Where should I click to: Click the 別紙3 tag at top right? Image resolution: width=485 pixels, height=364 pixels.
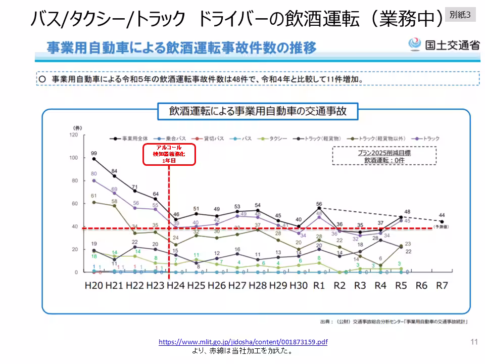[x=460, y=15]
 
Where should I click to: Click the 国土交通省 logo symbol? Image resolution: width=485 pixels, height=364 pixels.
[x=415, y=44]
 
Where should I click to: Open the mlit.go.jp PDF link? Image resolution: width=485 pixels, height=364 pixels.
[x=243, y=342]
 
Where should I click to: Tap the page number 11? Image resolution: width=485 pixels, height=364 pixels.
[x=474, y=342]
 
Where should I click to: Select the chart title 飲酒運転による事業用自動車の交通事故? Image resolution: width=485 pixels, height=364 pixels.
[x=258, y=111]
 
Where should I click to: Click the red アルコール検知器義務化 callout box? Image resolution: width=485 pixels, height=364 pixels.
[x=169, y=154]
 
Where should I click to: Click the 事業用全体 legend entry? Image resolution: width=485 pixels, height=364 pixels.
[x=130, y=138]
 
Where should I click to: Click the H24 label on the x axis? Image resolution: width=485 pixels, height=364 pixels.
[x=176, y=286]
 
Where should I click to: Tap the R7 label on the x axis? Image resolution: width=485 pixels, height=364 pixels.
[x=442, y=286]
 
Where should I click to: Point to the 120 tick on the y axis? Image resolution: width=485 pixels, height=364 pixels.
[x=74, y=135]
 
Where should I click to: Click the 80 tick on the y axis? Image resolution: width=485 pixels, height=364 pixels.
[x=75, y=180]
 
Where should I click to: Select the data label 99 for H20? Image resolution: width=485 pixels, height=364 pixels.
[x=94, y=153]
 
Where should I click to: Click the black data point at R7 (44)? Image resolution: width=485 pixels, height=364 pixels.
[x=442, y=221]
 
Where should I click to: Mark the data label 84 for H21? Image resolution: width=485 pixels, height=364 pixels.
[x=115, y=170]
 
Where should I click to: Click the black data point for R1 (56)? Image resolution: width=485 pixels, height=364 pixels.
[x=319, y=208]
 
